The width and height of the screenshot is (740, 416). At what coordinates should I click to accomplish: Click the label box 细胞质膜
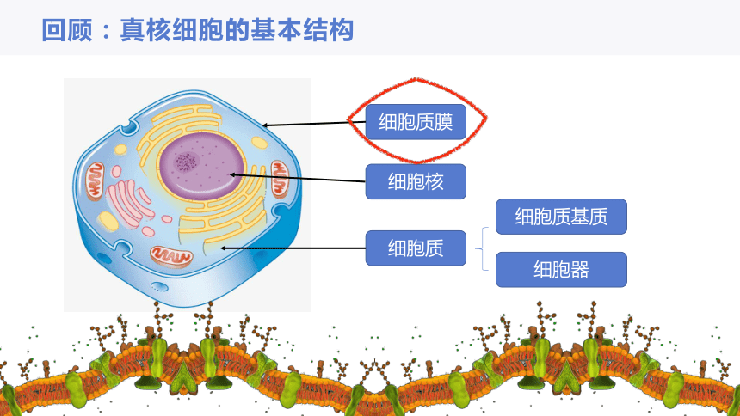416,122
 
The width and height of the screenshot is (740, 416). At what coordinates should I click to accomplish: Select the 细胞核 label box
416,181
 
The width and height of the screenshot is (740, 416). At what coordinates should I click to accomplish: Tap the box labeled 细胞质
416,248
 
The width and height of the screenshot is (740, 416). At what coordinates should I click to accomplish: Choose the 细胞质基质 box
561,217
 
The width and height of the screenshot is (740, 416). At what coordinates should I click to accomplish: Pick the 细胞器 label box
561,270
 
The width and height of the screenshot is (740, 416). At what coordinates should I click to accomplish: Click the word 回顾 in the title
67,30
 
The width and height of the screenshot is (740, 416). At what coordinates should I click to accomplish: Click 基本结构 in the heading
301,30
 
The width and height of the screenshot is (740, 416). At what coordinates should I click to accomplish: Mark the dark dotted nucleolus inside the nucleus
187,162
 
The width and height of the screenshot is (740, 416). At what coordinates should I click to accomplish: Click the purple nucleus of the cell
201,165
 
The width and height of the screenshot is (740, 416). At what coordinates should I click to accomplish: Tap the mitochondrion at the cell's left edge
95,180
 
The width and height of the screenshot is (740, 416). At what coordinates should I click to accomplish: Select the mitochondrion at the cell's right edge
280,179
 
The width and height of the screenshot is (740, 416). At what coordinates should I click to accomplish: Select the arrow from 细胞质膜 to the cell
314,124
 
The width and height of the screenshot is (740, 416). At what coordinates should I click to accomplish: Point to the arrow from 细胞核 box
298,178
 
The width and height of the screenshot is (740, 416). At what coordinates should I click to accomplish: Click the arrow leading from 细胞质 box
293,248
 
